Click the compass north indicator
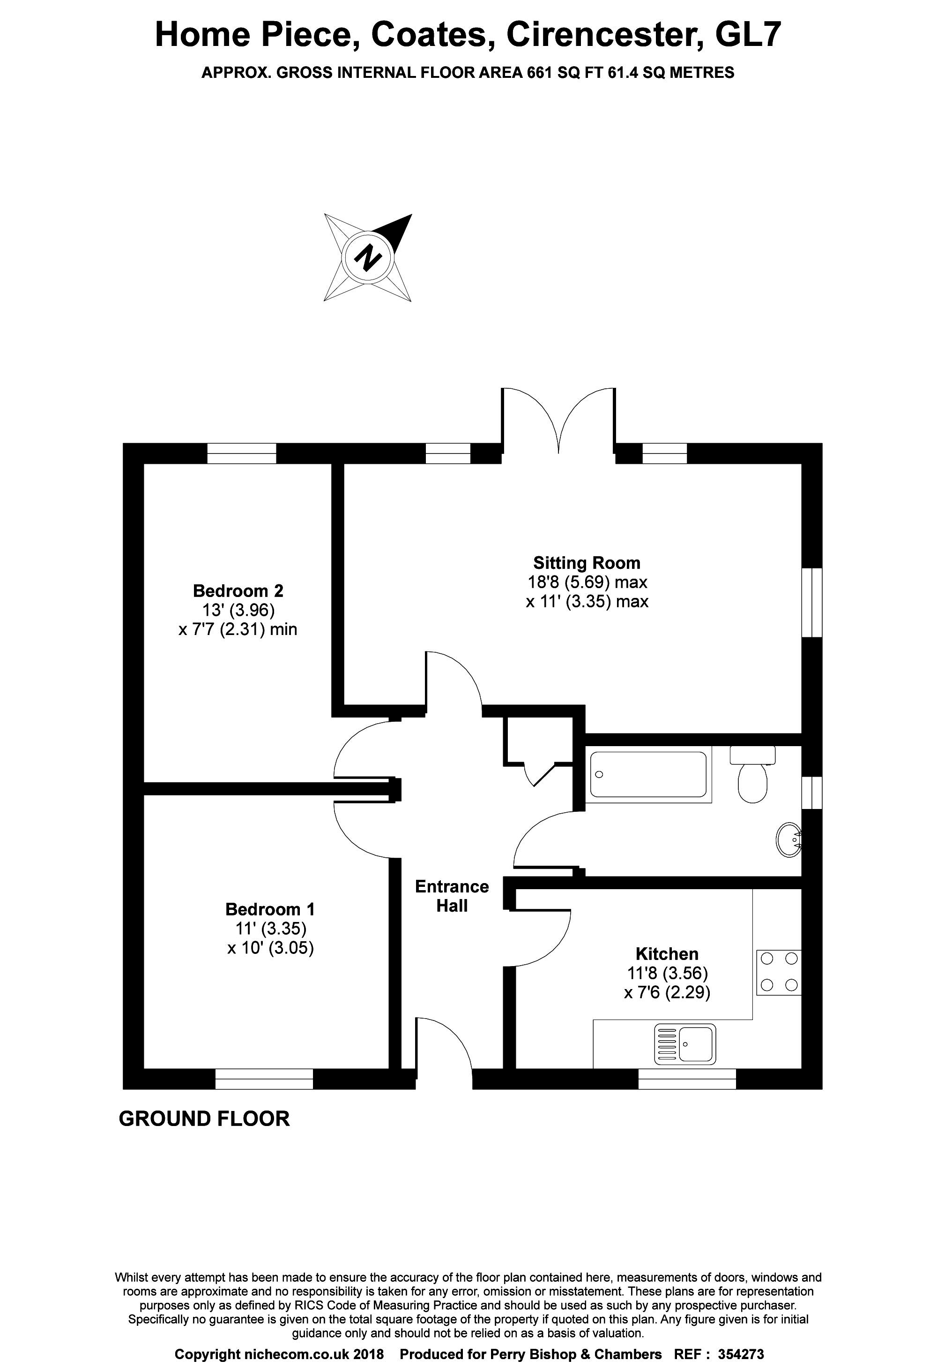click(x=368, y=258)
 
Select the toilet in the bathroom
click(x=752, y=775)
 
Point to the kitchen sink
click(x=685, y=1043)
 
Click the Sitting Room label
click(x=587, y=563)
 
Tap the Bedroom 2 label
click(x=238, y=590)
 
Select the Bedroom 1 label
click(x=270, y=909)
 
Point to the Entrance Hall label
click(x=452, y=896)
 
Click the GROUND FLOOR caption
click(x=204, y=1119)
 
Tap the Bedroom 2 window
click(x=242, y=453)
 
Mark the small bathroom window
click(x=812, y=793)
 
